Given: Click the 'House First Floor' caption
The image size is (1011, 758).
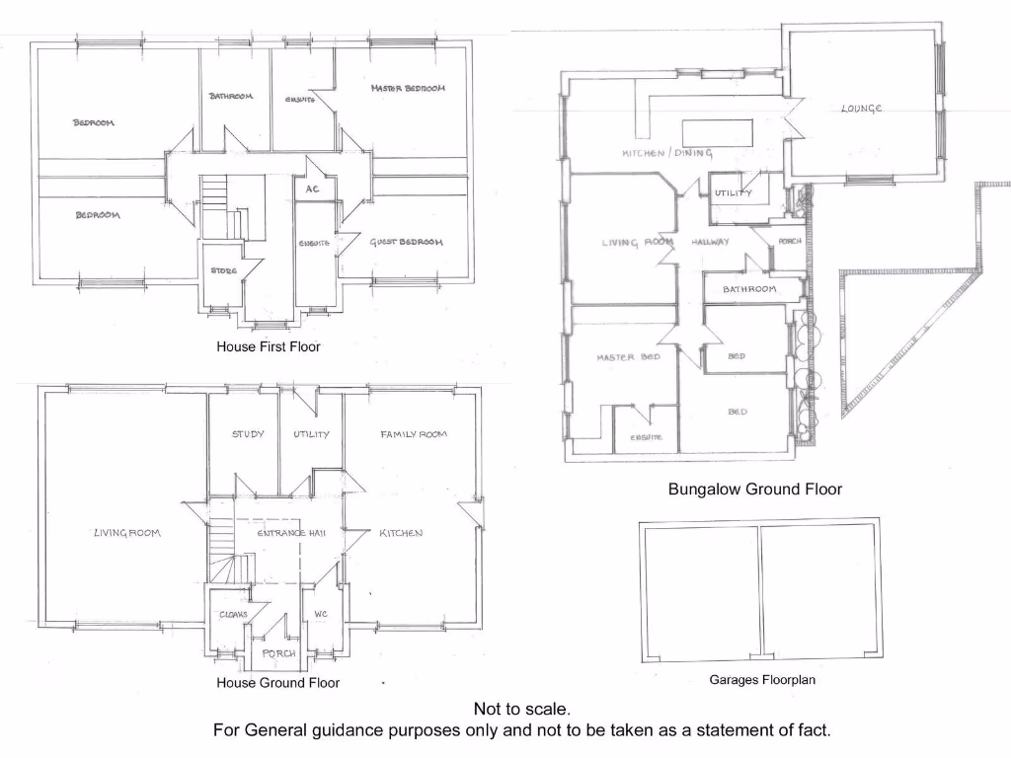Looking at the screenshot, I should click(269, 346).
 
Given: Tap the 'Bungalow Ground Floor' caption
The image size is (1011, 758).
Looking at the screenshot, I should click(754, 489).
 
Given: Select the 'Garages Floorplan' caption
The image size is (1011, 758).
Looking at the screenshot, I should click(761, 679).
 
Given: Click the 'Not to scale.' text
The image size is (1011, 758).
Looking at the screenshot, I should click(521, 709).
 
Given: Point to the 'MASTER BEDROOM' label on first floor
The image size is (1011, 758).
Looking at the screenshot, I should click(409, 89).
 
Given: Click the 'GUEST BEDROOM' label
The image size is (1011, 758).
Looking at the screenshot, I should click(406, 243).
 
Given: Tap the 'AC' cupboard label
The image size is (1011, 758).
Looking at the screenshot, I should click(312, 189).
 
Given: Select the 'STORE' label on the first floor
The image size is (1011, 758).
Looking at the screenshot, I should click(223, 270).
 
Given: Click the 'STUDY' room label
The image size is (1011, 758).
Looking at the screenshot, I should click(248, 434).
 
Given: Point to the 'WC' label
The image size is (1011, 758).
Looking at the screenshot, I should click(320, 614).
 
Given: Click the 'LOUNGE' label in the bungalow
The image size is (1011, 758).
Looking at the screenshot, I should click(861, 109).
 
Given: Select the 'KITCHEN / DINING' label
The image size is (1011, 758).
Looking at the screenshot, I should click(667, 154).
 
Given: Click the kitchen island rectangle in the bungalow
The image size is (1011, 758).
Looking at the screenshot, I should click(719, 132).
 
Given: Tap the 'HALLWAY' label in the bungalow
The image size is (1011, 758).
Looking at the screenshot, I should click(710, 242).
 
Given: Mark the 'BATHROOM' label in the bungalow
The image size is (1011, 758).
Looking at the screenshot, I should click(749, 289).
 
